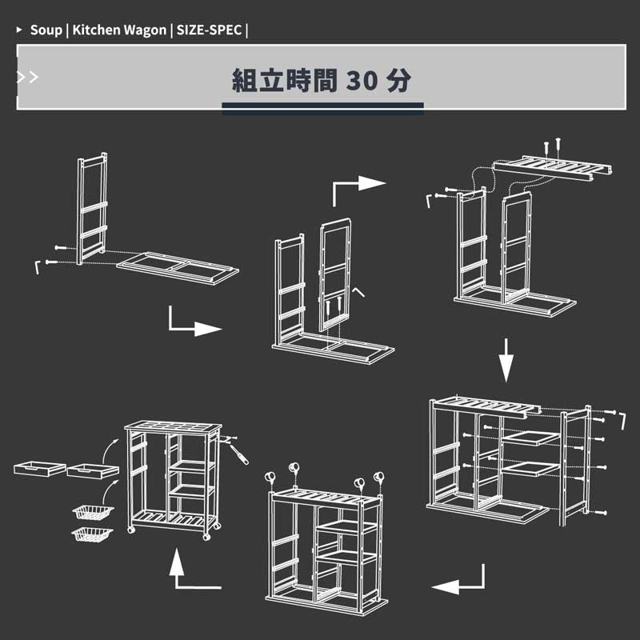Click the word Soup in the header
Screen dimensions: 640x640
(46, 30)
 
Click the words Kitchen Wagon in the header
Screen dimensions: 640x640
(119, 30)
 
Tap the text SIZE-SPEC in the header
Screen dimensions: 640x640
(209, 30)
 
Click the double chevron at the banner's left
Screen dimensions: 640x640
(27, 77)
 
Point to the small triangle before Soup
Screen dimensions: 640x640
(18, 30)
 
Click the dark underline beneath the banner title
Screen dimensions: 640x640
(322, 106)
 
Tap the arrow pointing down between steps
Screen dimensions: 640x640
(506, 360)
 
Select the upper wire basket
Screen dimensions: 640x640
(93, 512)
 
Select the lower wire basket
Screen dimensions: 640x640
(92, 534)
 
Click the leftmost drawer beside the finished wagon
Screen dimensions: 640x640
(39, 469)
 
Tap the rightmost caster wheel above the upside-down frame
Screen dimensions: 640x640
(378, 477)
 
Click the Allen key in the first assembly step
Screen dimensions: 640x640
(37, 267)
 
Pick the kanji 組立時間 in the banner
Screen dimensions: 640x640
(285, 81)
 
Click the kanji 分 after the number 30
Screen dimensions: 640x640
(398, 81)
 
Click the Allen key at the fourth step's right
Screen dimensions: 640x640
(623, 421)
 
